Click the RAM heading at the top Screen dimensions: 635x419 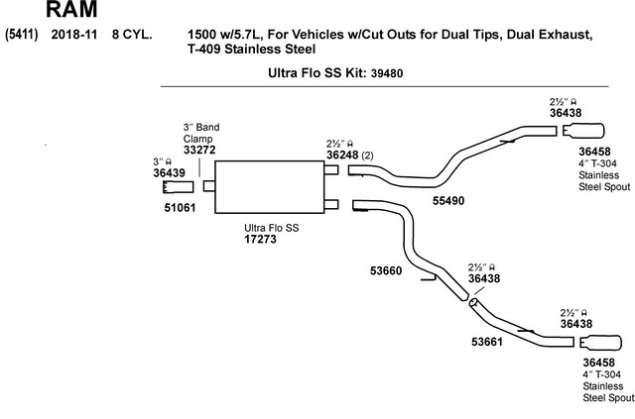tap(71, 9)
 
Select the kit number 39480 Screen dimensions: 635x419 tap(387, 73)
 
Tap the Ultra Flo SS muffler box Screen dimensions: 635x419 tap(269, 187)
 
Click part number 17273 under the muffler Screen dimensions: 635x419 tap(260, 239)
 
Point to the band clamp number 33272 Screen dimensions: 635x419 tap(199, 150)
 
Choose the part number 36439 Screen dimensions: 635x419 tap(169, 172)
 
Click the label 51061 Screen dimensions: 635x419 tap(180, 207)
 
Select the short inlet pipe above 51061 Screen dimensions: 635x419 tap(179, 187)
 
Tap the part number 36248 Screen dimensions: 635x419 tap(342, 155)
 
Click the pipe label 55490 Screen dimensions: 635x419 tap(448, 201)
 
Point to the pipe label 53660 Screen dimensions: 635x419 tap(386, 270)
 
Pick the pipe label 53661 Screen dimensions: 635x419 tap(487, 342)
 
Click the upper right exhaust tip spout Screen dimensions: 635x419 tap(583, 130)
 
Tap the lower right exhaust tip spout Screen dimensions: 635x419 tap(600, 343)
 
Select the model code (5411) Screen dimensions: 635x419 tap(22, 35)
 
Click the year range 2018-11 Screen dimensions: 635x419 tap(74, 35)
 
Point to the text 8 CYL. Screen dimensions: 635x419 tap(132, 35)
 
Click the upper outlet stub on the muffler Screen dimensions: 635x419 tap(331, 169)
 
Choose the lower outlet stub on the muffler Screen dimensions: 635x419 tap(331, 205)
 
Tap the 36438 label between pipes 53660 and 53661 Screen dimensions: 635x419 tap(484, 278)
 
